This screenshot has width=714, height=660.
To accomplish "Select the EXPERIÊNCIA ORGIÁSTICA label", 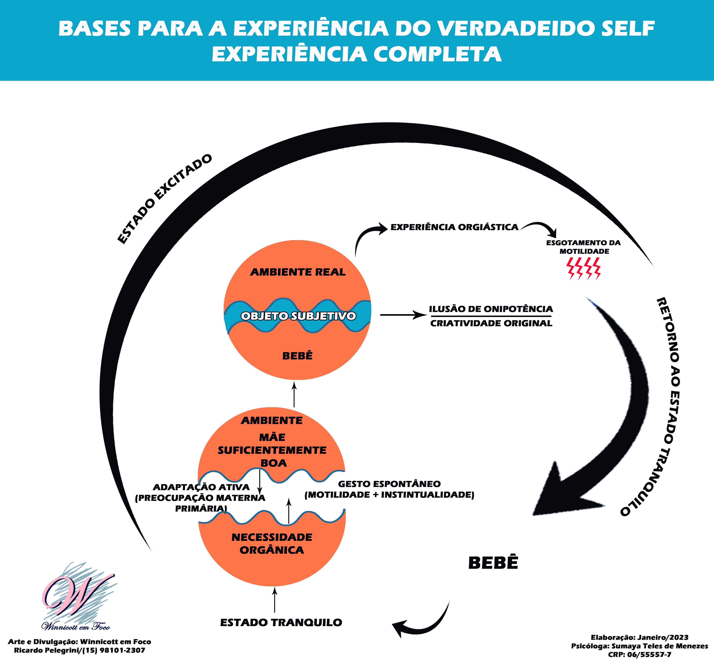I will pos(454,227).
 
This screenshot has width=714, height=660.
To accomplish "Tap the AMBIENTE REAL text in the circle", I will pos(298,272).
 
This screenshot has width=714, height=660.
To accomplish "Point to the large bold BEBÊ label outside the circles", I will pos(493,563).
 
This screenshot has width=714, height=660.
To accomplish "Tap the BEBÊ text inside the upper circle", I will pos(297,356).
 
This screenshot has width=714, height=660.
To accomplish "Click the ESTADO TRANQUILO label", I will pos(281,623).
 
